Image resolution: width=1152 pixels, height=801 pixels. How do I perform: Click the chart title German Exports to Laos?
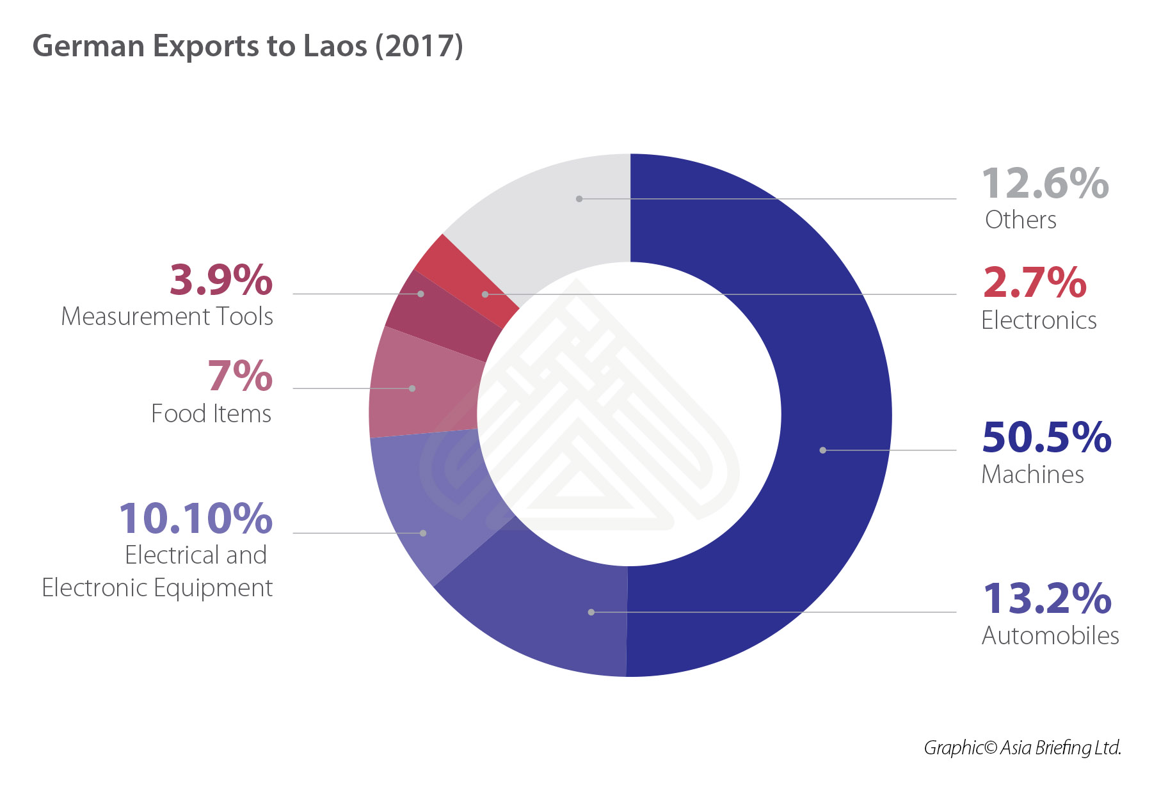(x=248, y=46)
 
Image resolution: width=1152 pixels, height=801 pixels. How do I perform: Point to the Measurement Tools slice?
(x=442, y=313)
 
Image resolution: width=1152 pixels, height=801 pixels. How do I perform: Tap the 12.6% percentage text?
(x=1044, y=184)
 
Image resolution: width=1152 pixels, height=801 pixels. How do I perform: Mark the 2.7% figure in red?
(x=1034, y=282)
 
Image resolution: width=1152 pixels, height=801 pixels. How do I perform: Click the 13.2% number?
(x=1047, y=598)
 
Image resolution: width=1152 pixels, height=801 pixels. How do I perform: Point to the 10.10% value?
(x=196, y=518)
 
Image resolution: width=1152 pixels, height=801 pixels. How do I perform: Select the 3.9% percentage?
(x=221, y=280)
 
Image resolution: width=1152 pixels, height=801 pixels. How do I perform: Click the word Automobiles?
(x=1050, y=635)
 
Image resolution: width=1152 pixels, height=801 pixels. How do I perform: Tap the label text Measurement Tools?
(x=167, y=316)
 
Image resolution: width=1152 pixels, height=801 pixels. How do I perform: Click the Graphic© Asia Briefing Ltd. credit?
(x=1022, y=747)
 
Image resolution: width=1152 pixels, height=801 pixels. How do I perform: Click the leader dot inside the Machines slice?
(x=823, y=450)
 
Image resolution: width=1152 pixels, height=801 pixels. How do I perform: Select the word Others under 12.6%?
(x=1020, y=219)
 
